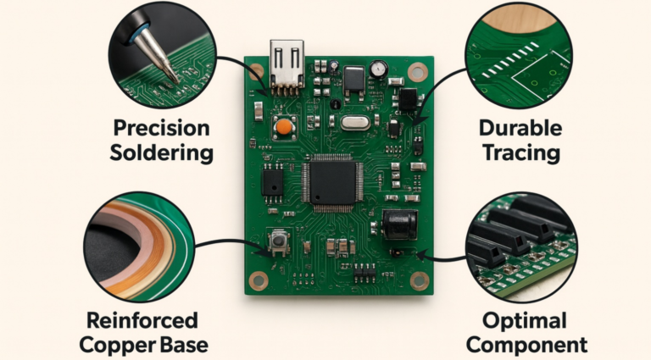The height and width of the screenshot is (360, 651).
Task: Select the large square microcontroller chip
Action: tap(332, 180)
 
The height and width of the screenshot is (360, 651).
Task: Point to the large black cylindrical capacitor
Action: tap(398, 226)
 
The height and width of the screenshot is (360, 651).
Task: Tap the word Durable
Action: tap(520, 129)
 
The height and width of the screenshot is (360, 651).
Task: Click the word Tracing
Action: tap(520, 153)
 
